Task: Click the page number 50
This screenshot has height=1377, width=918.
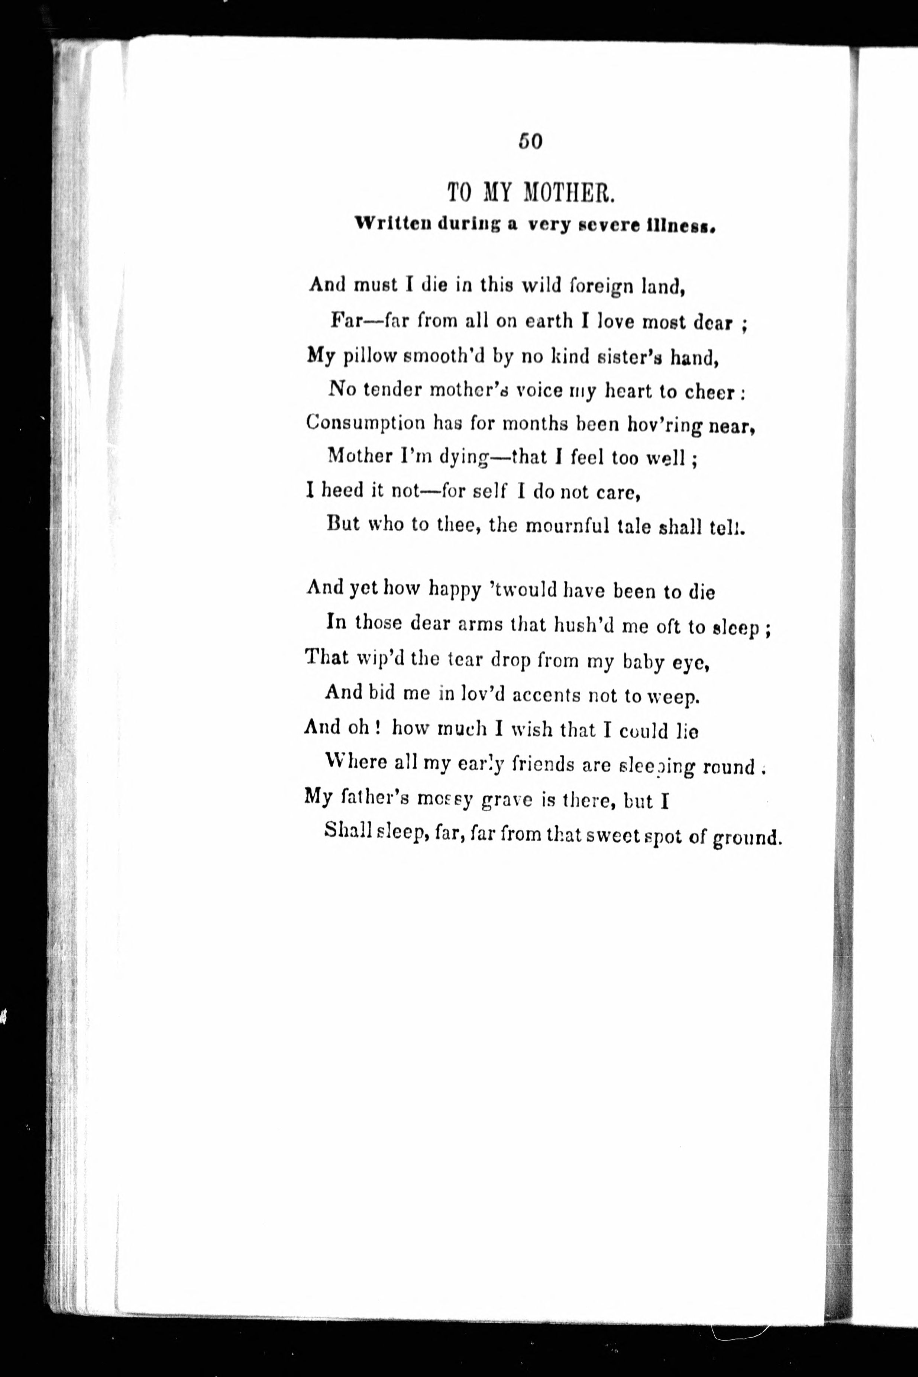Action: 530,142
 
